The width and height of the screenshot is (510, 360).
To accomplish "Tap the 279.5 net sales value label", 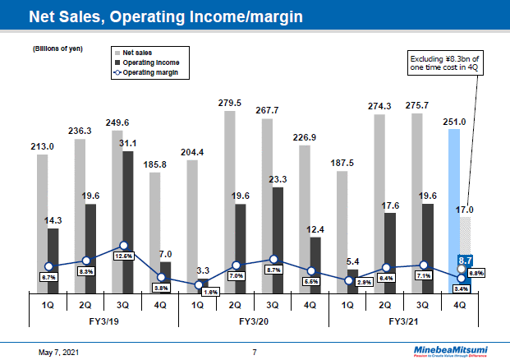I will (229, 103).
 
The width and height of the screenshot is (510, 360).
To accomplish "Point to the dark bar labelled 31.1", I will (128, 222).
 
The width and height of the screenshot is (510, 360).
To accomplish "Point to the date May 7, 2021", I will (61, 352).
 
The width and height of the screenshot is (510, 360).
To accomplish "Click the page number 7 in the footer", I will (255, 352).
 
